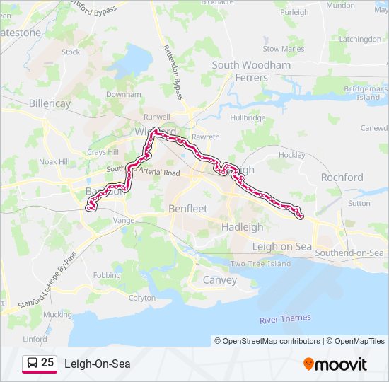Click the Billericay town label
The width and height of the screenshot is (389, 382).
tap(50, 103)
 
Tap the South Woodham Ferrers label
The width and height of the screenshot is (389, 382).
tap(251, 71)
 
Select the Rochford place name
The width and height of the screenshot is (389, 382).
tap(342, 178)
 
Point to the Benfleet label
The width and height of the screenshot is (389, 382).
tap(187, 209)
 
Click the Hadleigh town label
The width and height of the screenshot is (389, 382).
tap(242, 227)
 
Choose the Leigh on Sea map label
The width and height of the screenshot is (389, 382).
tap(281, 246)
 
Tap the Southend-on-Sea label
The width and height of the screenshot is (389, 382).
tap(349, 253)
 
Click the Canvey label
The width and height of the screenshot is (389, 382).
tap(220, 279)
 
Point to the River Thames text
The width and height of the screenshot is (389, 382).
tap(285, 319)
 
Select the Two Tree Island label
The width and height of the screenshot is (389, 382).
tap(260, 264)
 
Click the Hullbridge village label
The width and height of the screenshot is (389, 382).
tap(247, 117)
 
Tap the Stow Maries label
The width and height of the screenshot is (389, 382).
tap(283, 49)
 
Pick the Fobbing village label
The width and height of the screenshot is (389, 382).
tap(107, 275)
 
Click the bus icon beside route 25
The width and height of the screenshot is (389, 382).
tap(32, 364)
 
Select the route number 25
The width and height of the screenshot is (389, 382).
tap(48, 363)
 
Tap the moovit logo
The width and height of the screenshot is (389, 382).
tap(335, 364)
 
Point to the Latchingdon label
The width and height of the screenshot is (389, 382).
tap(359, 40)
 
